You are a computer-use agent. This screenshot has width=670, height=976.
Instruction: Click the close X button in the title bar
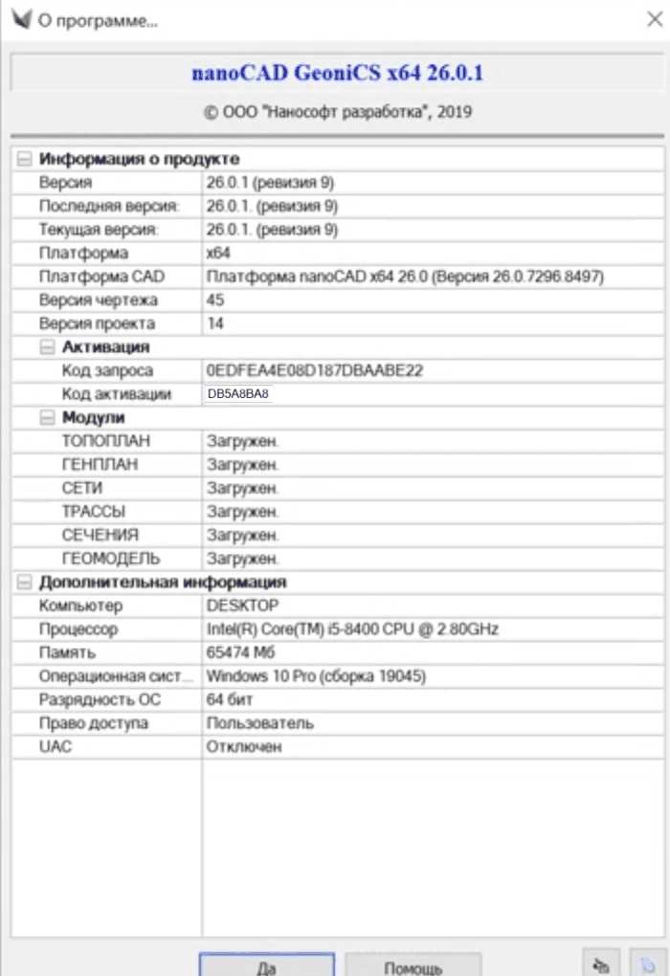click(x=653, y=19)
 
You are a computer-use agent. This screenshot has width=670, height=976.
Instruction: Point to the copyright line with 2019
click(x=338, y=112)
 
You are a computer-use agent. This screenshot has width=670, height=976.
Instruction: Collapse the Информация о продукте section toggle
click(x=24, y=159)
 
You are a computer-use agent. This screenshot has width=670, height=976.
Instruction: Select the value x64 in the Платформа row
click(x=217, y=253)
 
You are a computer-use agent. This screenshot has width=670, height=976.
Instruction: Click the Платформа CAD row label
click(x=101, y=277)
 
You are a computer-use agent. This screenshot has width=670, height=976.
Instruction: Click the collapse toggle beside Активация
click(x=47, y=346)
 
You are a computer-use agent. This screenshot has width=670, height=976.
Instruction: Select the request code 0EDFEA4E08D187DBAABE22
click(x=314, y=370)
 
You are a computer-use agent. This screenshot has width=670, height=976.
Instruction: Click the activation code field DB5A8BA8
click(x=238, y=393)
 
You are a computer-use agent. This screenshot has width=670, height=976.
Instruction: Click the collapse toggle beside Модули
click(x=47, y=417)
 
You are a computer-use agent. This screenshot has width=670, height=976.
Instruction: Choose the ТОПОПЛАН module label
click(x=106, y=441)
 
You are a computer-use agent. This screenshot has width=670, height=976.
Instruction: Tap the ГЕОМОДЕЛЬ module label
click(x=111, y=558)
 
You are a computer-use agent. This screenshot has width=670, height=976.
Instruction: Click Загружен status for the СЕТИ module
click(x=242, y=488)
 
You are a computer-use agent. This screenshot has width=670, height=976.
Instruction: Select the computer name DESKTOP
click(x=242, y=606)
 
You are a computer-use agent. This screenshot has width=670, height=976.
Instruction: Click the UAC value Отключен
click(x=244, y=746)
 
